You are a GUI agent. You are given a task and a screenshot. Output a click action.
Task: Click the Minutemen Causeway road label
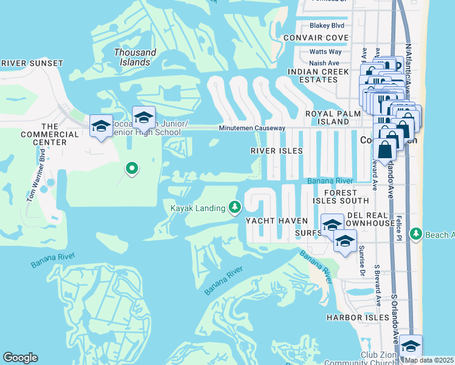coord(252,128)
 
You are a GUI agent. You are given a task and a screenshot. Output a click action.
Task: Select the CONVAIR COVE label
coord(316,38)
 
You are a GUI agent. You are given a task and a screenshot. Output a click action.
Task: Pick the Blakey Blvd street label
coord(327,26)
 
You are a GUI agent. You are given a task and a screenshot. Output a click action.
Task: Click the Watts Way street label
coord(325,52)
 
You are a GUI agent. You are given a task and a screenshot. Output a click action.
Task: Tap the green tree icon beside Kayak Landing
coord(235,208)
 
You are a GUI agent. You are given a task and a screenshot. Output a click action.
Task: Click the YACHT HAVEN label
coord(273,220)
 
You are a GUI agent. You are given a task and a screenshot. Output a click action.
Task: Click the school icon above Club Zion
coord(411,346)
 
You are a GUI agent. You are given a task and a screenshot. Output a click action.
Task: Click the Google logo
coord(20,358)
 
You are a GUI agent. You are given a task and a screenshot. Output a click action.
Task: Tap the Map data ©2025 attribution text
coord(429,360)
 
